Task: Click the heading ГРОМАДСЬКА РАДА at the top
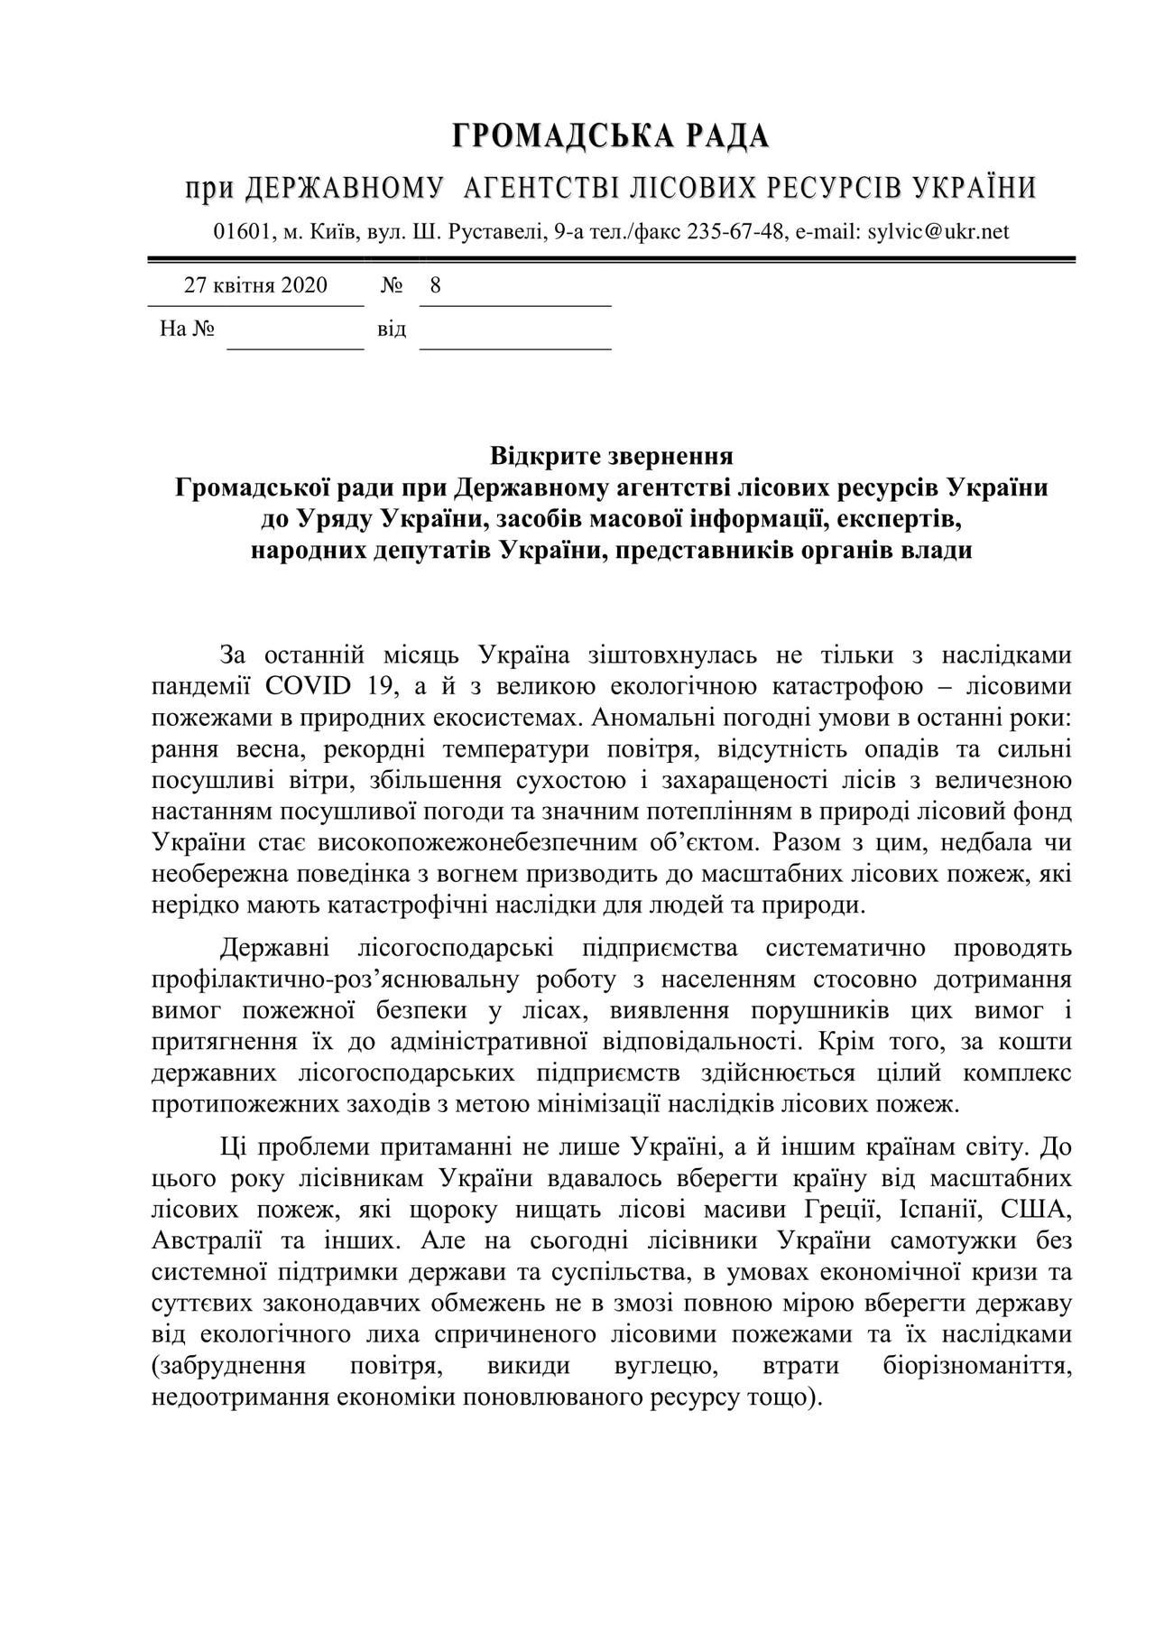click(x=611, y=136)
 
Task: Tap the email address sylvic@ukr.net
click(x=938, y=231)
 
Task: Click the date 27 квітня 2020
click(x=256, y=286)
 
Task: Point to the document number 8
click(x=436, y=286)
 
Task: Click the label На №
click(x=188, y=329)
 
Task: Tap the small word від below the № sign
click(x=392, y=329)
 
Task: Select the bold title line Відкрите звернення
click(x=611, y=455)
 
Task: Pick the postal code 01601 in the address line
click(x=242, y=231)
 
